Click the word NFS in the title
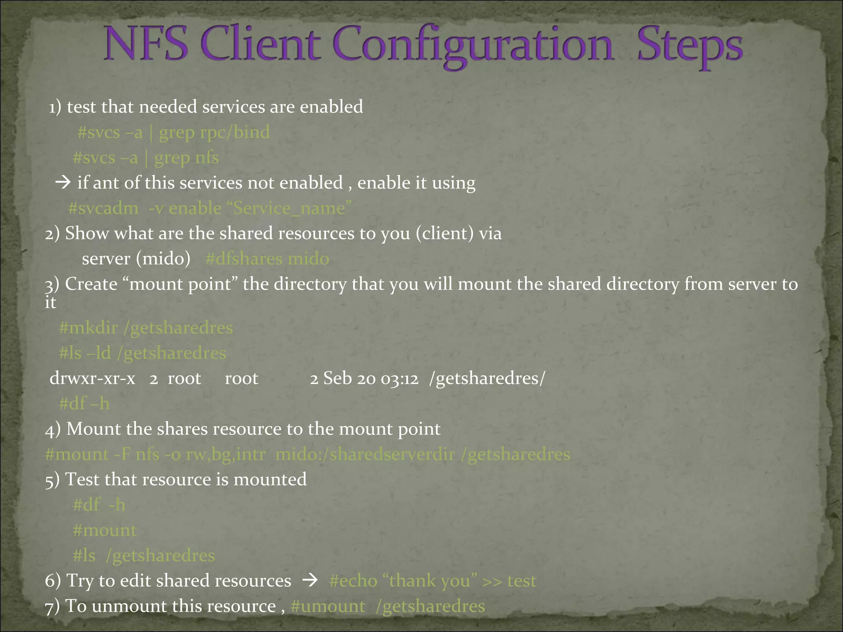146,44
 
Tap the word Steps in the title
690,46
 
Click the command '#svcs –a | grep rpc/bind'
173,132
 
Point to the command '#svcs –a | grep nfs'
146,158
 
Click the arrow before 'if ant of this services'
63,182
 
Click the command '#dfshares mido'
267,259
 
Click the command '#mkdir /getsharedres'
146,328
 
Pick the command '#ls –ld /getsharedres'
142,353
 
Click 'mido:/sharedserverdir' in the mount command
365,454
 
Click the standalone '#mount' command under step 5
105,530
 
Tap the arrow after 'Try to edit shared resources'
310,581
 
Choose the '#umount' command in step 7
328,606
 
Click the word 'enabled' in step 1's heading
331,107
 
